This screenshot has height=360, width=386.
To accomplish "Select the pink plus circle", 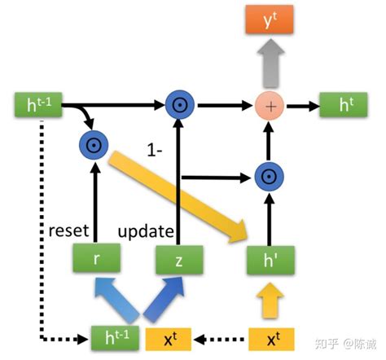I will (x=268, y=105).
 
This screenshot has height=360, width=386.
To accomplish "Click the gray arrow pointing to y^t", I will (x=268, y=63).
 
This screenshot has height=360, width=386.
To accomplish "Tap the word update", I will (x=146, y=230).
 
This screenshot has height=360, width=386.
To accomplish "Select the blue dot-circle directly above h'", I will (x=268, y=175).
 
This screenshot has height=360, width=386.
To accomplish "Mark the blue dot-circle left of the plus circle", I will (x=178, y=105).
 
